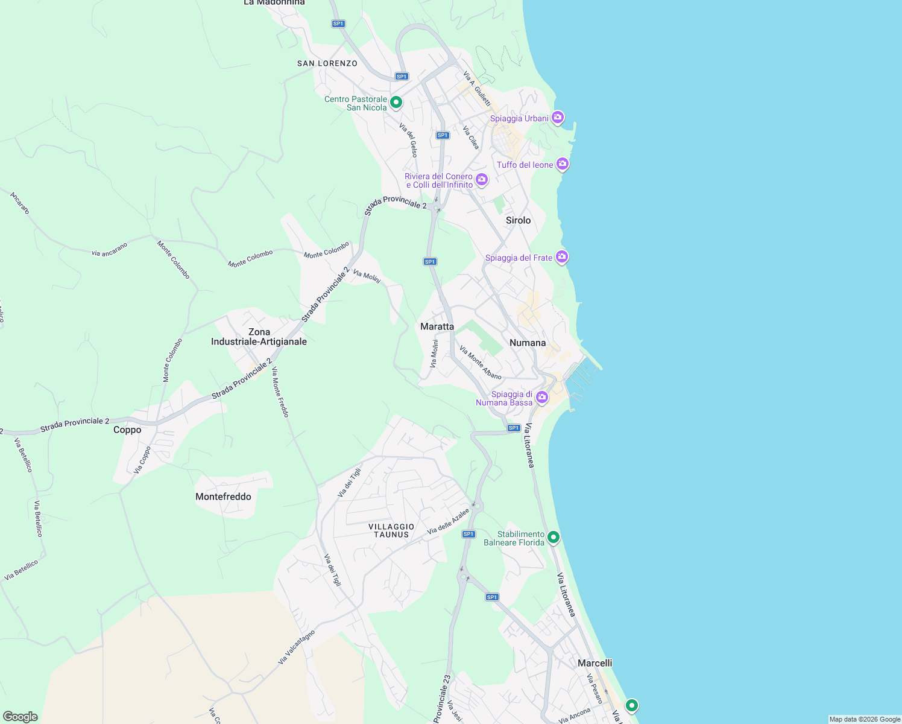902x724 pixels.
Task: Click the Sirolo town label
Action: tap(518, 220)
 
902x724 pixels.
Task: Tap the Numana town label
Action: tap(528, 343)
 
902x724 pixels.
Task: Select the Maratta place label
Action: tap(437, 326)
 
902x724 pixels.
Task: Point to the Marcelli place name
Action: tap(594, 663)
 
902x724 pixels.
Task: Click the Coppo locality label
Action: tap(127, 430)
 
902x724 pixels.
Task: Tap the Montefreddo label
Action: tap(223, 497)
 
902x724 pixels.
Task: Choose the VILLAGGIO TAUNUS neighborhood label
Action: tap(391, 531)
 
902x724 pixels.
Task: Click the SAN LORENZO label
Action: tap(327, 63)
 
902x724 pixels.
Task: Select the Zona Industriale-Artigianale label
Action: tap(259, 337)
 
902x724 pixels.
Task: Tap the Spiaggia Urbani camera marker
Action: tap(558, 117)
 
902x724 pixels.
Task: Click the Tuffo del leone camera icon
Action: tap(563, 164)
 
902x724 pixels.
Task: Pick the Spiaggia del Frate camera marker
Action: tap(562, 257)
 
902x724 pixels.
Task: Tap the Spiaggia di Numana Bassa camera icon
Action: tap(542, 397)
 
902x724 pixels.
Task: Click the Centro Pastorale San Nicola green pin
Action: tap(396, 103)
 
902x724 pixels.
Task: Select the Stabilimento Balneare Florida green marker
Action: tap(553, 537)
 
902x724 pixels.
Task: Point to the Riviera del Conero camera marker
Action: tap(481, 179)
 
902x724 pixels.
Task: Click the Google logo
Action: tap(20, 717)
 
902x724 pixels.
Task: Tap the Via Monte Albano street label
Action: tap(480, 362)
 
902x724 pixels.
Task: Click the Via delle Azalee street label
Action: tap(448, 521)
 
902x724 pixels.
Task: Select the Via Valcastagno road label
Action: tap(296, 647)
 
